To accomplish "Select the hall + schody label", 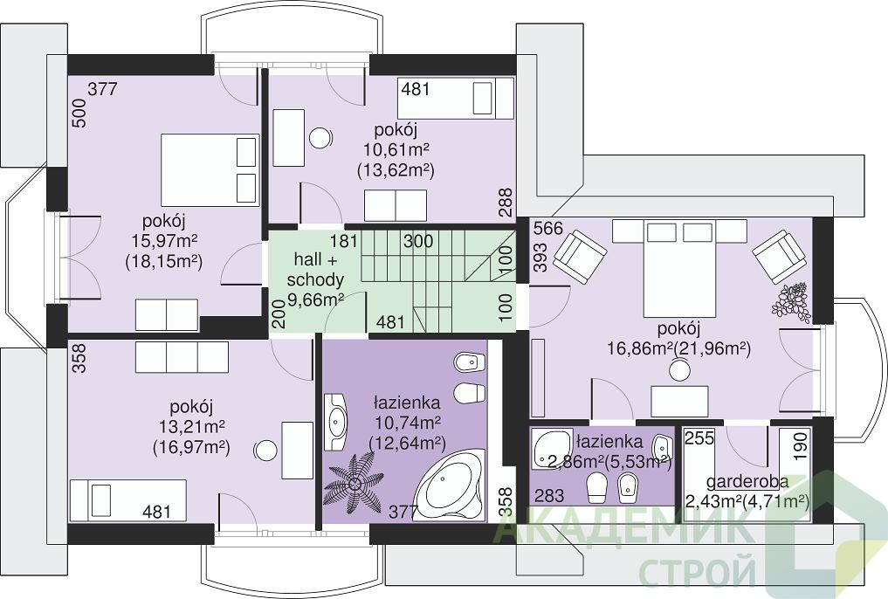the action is point(315,270).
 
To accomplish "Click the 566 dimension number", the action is point(548,228).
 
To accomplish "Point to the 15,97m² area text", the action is point(164,241).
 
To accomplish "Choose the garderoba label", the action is point(747,482).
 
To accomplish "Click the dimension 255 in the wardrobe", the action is point(700,438).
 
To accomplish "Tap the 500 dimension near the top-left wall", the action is point(79,113).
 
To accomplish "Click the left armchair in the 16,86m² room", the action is point(580,255).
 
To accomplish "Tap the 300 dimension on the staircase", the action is point(418,241).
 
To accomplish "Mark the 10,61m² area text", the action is point(396,150).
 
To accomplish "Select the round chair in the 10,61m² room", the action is point(320,136).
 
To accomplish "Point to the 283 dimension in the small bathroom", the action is point(549,496).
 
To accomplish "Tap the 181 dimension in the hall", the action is point(344,241).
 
